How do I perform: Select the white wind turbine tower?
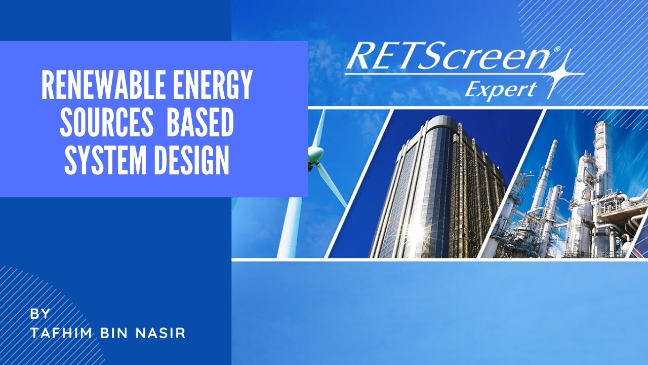pyautogui.click(x=291, y=223)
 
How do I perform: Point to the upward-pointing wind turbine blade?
pyautogui.click(x=318, y=127)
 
